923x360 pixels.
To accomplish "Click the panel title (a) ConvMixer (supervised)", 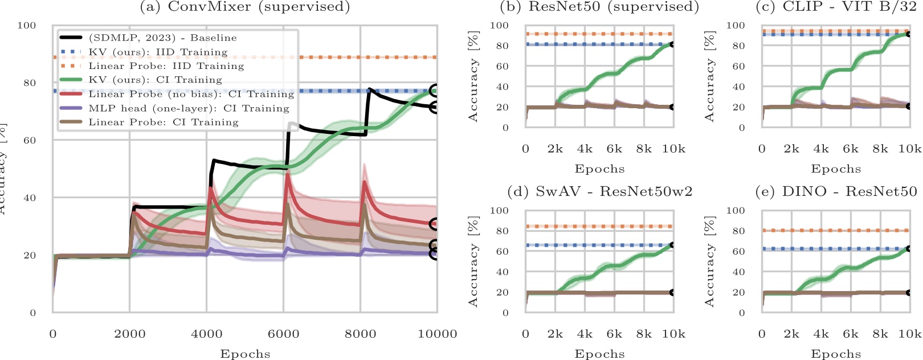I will pyautogui.click(x=244, y=7).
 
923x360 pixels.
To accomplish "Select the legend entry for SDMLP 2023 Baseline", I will pyautogui.click(x=162, y=38).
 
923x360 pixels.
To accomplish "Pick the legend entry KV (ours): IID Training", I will pyautogui.click(x=158, y=52).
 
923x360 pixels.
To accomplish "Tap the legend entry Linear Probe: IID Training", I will pyautogui.click(x=166, y=66).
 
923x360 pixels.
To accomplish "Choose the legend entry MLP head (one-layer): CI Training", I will pyautogui.click(x=189, y=108).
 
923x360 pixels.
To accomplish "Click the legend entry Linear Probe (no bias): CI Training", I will pyautogui.click(x=191, y=94).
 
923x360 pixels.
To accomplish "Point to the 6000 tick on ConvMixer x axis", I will pyautogui.click(x=283, y=334).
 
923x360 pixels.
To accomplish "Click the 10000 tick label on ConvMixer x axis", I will pyautogui.click(x=437, y=334).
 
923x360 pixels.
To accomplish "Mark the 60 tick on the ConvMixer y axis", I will pyautogui.click(x=28, y=140).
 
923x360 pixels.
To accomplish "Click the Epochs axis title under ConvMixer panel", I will pyautogui.click(x=245, y=354).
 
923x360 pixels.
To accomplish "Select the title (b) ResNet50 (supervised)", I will pyautogui.click(x=599, y=7).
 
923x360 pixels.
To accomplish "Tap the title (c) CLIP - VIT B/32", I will pyautogui.click(x=836, y=7).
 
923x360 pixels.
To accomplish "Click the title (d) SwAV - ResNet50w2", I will pyautogui.click(x=599, y=191).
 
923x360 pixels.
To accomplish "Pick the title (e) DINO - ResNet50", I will pyautogui.click(x=836, y=191).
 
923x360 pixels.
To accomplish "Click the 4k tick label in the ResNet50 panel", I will pyautogui.click(x=585, y=149).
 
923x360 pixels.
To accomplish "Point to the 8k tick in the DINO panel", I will pyautogui.click(x=880, y=334).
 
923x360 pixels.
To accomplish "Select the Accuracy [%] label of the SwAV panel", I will pyautogui.click(x=473, y=261).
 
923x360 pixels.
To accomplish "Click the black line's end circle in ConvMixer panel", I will pyautogui.click(x=435, y=107).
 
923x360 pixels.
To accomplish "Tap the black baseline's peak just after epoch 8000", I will pyautogui.click(x=370, y=89).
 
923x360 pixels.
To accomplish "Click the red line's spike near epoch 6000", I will pyautogui.click(x=287, y=174).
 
